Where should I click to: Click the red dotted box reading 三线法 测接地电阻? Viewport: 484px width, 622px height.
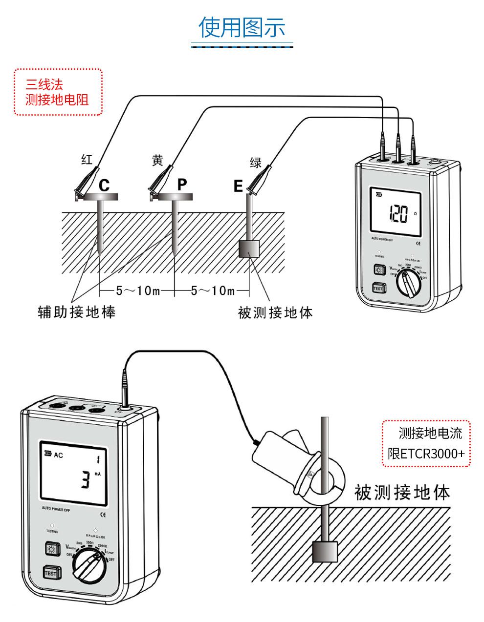tap(58, 92)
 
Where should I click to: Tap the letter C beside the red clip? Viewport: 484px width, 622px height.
tap(104, 186)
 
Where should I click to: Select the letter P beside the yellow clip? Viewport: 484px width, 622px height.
tap(182, 185)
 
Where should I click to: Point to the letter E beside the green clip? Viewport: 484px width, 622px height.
tap(238, 187)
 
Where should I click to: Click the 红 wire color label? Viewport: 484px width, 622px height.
tap(87, 160)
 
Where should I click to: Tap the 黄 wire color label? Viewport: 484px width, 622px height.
tap(157, 160)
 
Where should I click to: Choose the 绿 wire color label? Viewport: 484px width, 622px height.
tap(256, 163)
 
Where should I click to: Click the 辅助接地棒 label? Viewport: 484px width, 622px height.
tap(77, 312)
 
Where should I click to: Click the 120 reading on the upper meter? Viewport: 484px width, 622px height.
tap(398, 214)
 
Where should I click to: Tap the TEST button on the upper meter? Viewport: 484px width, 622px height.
tap(378, 288)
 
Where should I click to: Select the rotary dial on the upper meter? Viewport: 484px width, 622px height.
tap(408, 283)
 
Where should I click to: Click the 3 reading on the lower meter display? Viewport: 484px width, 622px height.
tap(86, 480)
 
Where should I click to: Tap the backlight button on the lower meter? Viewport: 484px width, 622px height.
tap(51, 550)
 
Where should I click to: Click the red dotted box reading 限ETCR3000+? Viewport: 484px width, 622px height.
tap(426, 443)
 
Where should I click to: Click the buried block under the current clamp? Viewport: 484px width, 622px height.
tap(325, 551)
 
